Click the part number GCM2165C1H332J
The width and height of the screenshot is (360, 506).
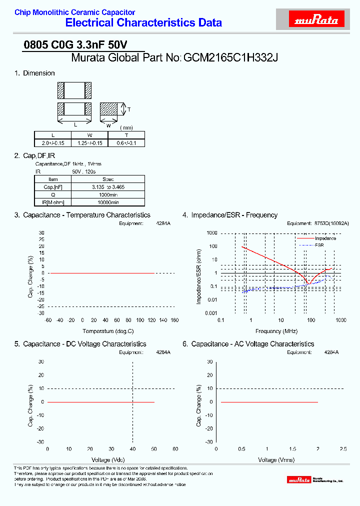(230, 57)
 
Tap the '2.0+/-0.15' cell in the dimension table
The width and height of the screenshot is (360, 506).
(52, 142)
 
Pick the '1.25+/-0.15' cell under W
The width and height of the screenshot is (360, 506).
(89, 142)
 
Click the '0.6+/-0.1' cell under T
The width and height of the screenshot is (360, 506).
(126, 142)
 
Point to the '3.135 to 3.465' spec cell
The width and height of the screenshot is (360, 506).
(108, 186)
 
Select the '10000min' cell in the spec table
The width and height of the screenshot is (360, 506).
(108, 202)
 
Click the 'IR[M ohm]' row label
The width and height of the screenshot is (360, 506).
(52, 202)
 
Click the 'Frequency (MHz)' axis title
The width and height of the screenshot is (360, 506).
(276, 331)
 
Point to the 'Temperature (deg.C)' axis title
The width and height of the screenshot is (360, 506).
(108, 331)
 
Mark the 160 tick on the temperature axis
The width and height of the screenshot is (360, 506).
(174, 320)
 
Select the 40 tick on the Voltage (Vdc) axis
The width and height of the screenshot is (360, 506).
(132, 449)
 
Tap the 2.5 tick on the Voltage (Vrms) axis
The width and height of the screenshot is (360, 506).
(343, 449)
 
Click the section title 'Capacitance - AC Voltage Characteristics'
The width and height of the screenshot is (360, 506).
(252, 344)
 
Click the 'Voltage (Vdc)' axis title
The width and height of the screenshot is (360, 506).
(108, 459)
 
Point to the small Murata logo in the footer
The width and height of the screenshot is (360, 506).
(298, 480)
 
